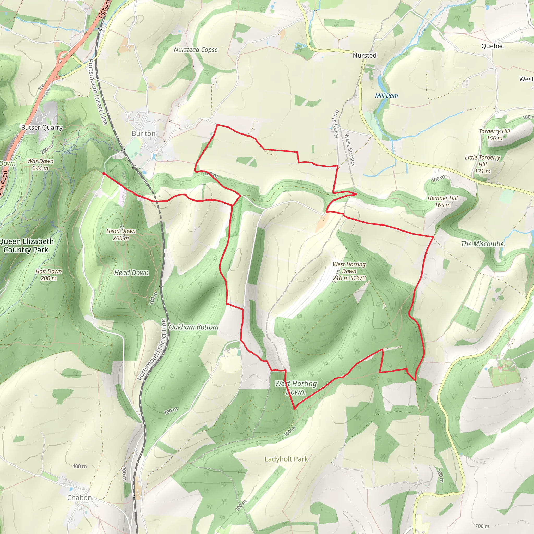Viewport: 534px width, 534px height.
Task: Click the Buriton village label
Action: tap(143, 133)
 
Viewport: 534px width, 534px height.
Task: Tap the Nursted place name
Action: tap(365, 56)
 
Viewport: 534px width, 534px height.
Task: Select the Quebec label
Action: tap(493, 46)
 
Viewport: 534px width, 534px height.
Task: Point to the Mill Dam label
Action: tap(386, 96)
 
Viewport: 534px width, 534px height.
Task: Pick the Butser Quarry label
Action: tap(42, 128)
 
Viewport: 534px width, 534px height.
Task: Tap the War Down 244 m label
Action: tap(40, 165)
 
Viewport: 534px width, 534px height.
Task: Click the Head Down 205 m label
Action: tap(121, 234)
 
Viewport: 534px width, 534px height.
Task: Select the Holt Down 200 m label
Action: tap(49, 275)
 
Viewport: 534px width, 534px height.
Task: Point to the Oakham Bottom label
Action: tap(193, 327)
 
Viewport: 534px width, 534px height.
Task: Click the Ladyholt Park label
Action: tap(286, 459)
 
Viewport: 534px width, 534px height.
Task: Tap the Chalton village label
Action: tap(80, 498)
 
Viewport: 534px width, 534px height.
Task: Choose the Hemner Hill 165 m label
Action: tap(442, 202)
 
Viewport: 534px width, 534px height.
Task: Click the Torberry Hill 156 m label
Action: tap(494, 135)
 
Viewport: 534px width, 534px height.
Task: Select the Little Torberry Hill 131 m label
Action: tap(482, 164)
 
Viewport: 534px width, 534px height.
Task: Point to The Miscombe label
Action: tap(483, 244)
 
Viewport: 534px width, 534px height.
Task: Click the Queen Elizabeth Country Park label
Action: tap(26, 245)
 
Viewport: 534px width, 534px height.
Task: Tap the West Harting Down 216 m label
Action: tap(349, 271)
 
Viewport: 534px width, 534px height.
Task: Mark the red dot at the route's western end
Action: tap(103, 174)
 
